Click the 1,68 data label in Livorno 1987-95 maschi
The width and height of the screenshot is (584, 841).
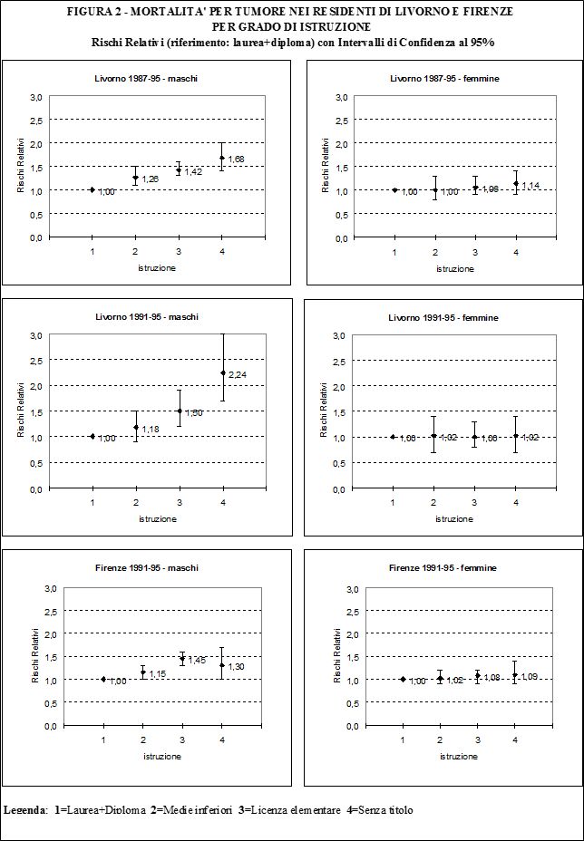(x=237, y=159)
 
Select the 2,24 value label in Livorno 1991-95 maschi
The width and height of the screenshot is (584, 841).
(x=237, y=374)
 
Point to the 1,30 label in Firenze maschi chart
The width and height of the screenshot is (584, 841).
(x=237, y=667)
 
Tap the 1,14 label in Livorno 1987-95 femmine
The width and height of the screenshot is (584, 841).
(x=530, y=186)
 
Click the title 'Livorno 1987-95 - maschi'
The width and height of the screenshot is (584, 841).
(x=146, y=79)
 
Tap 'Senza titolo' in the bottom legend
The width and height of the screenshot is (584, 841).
(x=385, y=809)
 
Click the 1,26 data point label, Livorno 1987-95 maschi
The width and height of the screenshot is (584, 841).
(x=151, y=179)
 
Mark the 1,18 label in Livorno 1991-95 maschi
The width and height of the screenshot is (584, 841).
(x=151, y=429)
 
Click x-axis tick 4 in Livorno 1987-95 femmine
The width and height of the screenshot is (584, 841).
(x=515, y=252)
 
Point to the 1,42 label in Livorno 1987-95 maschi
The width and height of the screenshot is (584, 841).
(x=193, y=171)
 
